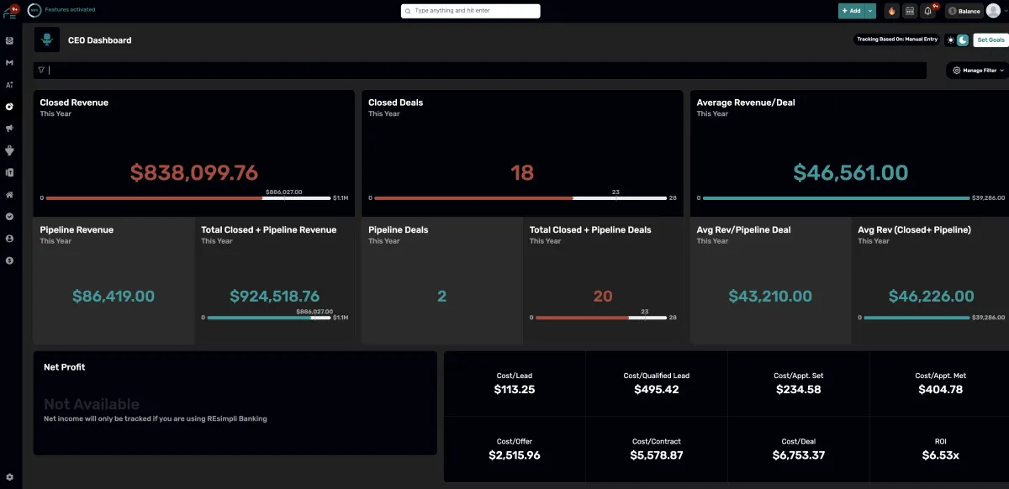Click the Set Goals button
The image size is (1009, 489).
991,39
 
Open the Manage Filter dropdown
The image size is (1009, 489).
979,71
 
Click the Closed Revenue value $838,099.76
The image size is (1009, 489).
193,173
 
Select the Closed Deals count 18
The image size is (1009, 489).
522,173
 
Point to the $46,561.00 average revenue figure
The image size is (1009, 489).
850,173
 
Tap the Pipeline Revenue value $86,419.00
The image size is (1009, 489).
114,296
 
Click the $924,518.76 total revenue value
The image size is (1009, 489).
274,296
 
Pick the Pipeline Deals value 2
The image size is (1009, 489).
442,296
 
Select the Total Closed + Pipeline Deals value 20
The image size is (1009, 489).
603,296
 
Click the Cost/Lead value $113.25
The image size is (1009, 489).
515,389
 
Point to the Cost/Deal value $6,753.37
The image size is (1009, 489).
798,455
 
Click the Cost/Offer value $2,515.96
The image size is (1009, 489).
515,455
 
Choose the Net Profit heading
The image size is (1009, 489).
65,367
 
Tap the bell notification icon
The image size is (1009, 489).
928,11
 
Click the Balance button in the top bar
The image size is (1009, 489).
964,11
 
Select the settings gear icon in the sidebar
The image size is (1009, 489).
9,477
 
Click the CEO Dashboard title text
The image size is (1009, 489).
99,40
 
